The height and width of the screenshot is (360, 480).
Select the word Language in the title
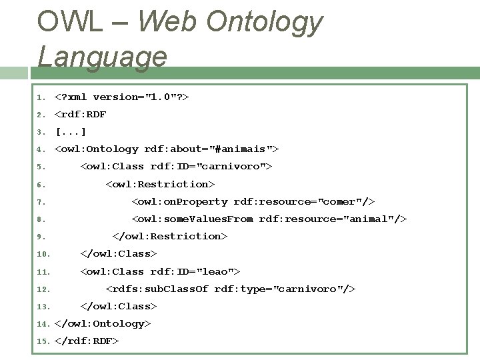click(102, 56)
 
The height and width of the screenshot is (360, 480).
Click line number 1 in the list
click(40, 97)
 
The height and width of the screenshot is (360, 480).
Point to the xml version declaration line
click(122, 97)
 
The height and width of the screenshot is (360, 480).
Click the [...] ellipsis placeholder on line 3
click(71, 131)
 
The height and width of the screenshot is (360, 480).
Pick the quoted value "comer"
click(343, 201)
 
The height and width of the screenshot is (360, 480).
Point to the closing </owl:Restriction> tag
click(170, 236)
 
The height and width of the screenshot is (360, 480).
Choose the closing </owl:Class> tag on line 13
click(119, 306)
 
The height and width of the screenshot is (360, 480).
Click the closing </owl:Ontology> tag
click(103, 323)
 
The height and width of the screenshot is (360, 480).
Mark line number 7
click(40, 202)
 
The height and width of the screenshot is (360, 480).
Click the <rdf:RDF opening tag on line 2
click(80, 114)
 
